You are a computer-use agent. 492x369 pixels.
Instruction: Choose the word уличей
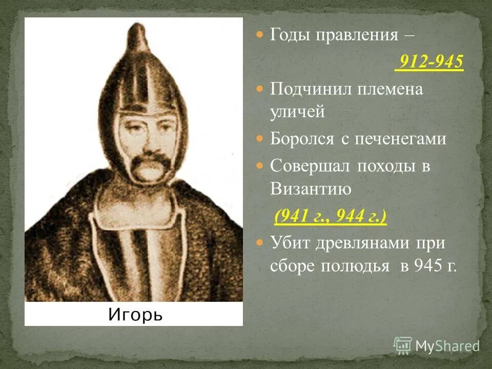[x=297, y=112]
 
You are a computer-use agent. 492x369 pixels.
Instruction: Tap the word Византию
[x=311, y=189]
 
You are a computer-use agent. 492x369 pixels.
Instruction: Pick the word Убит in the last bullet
[x=289, y=242]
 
